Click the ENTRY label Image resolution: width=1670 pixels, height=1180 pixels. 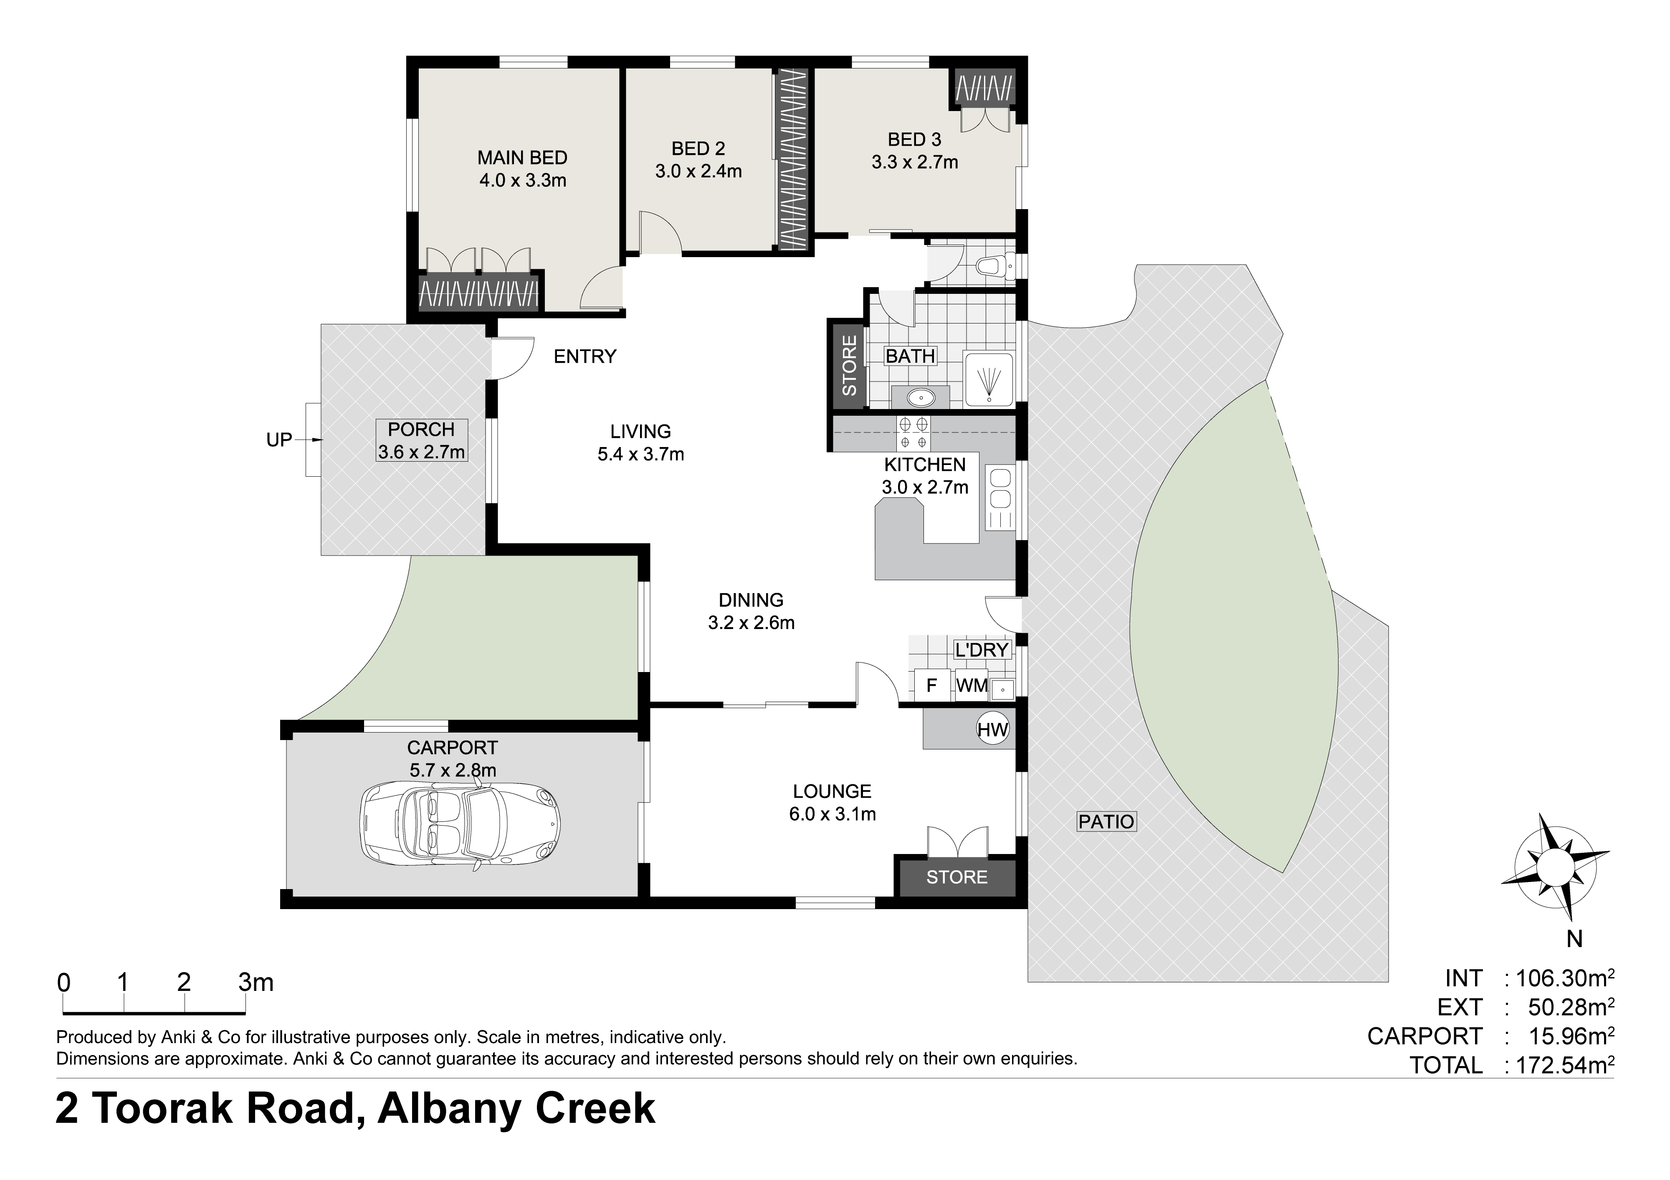pyautogui.click(x=585, y=356)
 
